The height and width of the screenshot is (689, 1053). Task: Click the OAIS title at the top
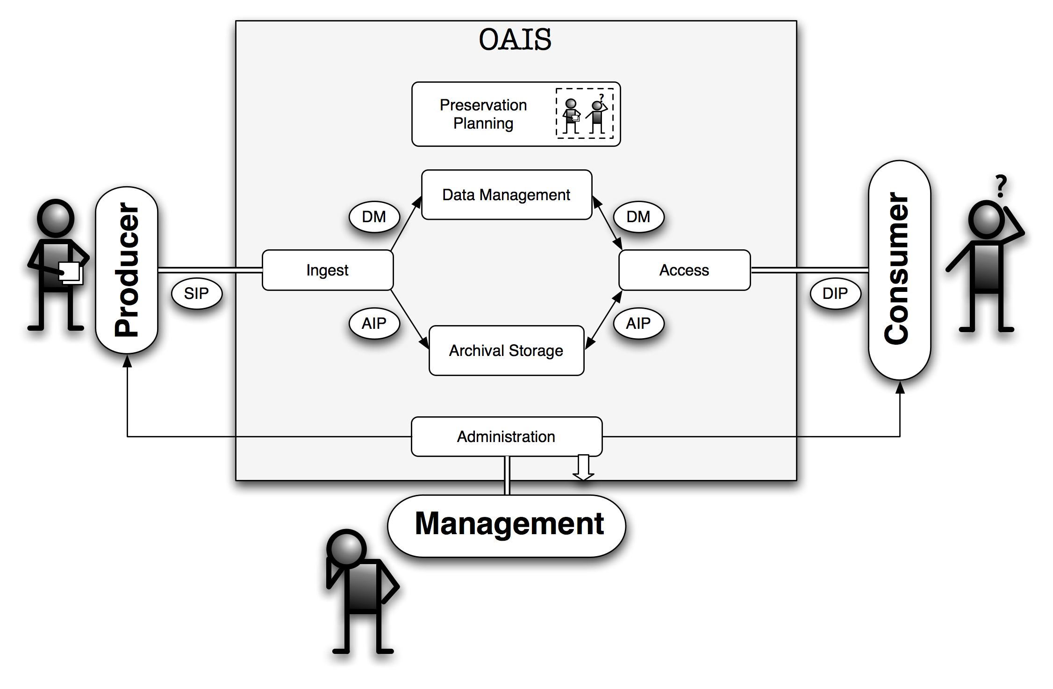(515, 39)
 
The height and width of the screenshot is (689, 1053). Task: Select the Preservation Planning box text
(483, 114)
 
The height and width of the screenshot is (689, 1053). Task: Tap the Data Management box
(507, 195)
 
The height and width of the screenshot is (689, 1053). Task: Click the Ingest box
(328, 270)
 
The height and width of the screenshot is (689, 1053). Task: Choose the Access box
(684, 270)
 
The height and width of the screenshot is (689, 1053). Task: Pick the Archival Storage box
(506, 351)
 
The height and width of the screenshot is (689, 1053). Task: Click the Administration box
(506, 436)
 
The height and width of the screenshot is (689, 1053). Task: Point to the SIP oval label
(196, 293)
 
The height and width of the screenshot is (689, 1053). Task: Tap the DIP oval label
(835, 293)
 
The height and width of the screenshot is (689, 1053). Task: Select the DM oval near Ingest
(374, 217)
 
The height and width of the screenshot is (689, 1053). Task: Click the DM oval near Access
(638, 217)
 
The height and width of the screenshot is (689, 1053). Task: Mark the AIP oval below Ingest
(374, 323)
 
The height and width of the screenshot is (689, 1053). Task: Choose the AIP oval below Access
(638, 323)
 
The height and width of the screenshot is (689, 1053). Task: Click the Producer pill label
(127, 270)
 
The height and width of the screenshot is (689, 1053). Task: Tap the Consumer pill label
(899, 270)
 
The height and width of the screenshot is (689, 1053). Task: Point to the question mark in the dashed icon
(602, 97)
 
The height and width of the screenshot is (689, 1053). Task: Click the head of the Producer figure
(56, 218)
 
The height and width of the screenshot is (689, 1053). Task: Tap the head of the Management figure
(346, 549)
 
